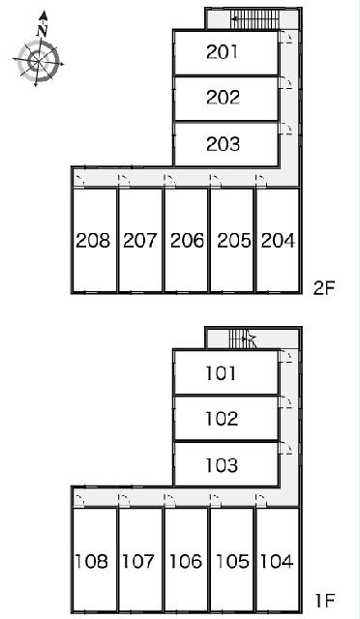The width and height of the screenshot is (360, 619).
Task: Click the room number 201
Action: tap(222, 51)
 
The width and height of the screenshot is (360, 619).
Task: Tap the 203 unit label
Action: tap(223, 144)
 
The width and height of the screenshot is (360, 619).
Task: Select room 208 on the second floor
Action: tap(93, 241)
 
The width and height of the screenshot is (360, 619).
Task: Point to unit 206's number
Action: tap(187, 241)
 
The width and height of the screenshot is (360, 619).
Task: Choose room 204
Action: tap(278, 241)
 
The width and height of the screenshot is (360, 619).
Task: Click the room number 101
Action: tap(222, 373)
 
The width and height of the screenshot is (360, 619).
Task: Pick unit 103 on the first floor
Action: tap(222, 465)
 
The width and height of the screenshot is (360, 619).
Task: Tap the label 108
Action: tap(91, 561)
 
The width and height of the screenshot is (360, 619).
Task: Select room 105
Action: tap(233, 561)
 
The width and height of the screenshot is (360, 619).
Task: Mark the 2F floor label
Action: tap(323, 288)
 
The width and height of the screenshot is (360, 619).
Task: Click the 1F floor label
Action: tap(325, 601)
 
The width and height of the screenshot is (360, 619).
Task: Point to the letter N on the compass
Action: tap(43, 31)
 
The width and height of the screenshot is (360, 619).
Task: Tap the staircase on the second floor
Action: tap(255, 18)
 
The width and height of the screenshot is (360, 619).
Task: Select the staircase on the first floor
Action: tap(243, 339)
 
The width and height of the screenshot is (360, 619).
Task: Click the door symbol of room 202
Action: tap(285, 83)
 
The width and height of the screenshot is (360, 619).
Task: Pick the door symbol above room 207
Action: tap(125, 181)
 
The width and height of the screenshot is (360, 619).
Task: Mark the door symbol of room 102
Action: tap(285, 403)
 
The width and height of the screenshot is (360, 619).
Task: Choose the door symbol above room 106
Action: tap(170, 500)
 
